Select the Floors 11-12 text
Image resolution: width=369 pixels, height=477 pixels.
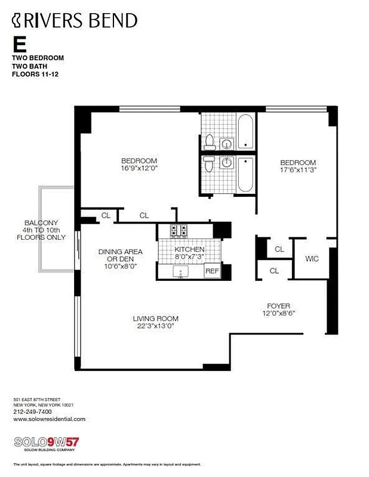coord(35,75)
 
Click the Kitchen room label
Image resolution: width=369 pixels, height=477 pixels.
coord(189,249)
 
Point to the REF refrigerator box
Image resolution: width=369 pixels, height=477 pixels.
coord(212,271)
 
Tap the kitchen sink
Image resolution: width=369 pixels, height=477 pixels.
coord(181,272)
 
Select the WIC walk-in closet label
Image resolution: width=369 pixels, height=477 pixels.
coord(312,259)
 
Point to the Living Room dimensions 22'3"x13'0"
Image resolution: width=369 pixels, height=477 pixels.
coord(155,327)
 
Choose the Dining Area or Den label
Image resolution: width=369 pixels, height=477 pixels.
coord(121,259)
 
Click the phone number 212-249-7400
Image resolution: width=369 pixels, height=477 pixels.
coord(32,411)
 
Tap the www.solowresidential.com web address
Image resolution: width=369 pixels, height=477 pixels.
coord(49,419)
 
